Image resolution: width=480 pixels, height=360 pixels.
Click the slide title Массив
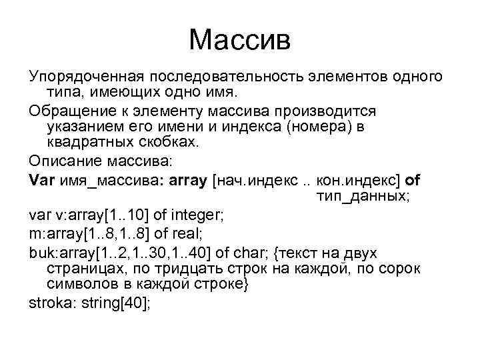[240, 39]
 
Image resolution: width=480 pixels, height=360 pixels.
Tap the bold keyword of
[413, 180]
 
